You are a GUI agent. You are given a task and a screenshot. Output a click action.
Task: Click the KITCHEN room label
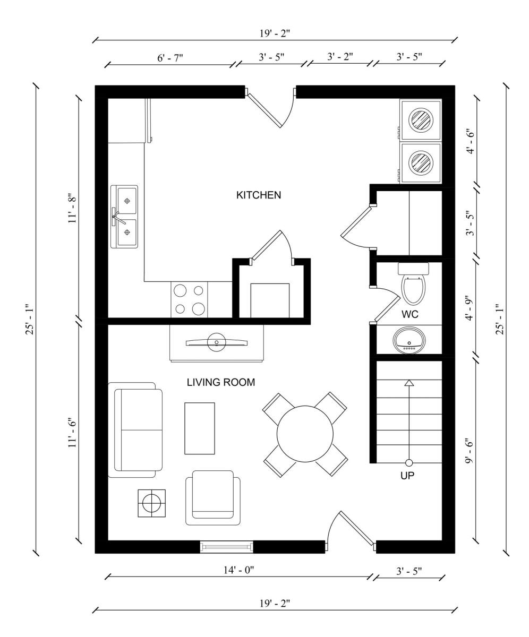click(259, 195)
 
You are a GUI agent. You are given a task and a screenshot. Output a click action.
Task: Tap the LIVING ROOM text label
click(221, 382)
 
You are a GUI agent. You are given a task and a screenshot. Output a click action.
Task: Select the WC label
click(410, 314)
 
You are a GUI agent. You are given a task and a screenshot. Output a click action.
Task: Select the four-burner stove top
click(189, 299)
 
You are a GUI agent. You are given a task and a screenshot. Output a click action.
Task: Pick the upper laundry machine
click(421, 119)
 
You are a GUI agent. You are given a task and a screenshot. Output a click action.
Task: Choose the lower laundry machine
click(421, 162)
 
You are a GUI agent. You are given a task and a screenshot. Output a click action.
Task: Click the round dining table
click(305, 434)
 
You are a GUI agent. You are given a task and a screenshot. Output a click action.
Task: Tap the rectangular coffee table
click(200, 428)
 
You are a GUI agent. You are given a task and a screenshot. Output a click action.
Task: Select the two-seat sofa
click(135, 430)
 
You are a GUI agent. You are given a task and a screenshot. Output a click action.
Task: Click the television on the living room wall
click(216, 343)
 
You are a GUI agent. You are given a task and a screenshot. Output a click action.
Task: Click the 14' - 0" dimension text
click(239, 570)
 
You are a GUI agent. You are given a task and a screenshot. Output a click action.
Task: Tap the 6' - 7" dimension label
click(170, 57)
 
